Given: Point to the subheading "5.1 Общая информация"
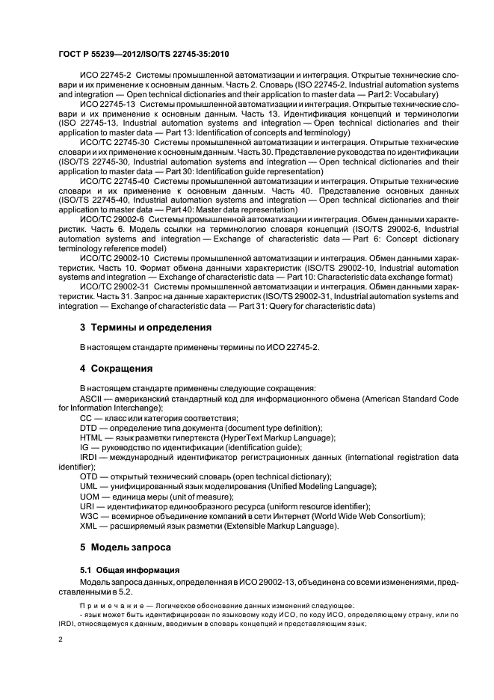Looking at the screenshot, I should (x=123, y=569).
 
